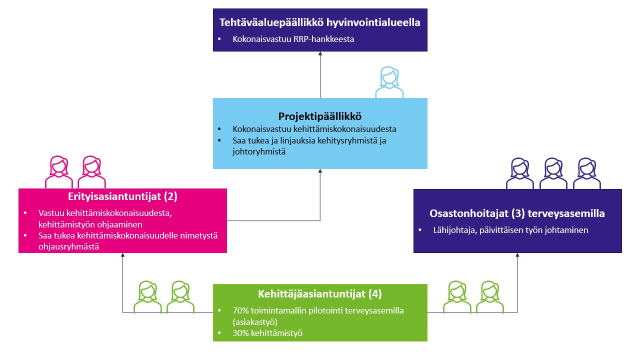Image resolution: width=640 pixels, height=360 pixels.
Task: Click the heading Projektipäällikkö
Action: click(x=319, y=116)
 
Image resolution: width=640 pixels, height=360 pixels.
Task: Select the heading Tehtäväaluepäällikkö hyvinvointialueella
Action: click(x=319, y=22)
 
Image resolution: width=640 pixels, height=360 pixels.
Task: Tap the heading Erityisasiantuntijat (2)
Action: click(x=122, y=196)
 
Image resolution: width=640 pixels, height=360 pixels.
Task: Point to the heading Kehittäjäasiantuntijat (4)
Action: click(x=319, y=294)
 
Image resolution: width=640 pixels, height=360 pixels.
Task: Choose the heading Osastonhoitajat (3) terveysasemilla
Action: click(x=517, y=213)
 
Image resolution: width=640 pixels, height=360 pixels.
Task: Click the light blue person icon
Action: click(x=389, y=82)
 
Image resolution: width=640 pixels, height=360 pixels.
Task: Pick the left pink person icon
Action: click(x=59, y=172)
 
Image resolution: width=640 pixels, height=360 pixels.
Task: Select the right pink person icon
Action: click(x=91, y=172)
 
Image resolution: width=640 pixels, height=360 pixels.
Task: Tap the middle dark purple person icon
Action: click(x=553, y=173)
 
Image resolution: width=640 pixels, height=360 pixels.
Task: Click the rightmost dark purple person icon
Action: click(x=587, y=173)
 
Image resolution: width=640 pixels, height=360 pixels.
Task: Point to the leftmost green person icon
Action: click(x=147, y=297)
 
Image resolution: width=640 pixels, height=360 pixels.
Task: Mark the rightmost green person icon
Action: click(x=489, y=297)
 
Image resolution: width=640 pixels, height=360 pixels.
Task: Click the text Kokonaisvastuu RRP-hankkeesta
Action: click(x=293, y=39)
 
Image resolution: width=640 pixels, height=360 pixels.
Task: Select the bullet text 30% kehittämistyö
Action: click(x=267, y=333)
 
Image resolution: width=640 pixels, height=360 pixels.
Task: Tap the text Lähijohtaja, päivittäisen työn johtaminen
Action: click(x=510, y=230)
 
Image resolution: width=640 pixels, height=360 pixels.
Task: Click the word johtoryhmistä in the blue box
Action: click(x=259, y=151)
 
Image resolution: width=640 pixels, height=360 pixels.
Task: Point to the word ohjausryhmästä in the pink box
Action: click(x=68, y=246)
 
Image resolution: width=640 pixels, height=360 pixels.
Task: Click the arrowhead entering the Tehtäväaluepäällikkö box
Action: click(x=320, y=53)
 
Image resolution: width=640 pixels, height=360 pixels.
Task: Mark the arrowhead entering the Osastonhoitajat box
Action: click(x=517, y=255)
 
